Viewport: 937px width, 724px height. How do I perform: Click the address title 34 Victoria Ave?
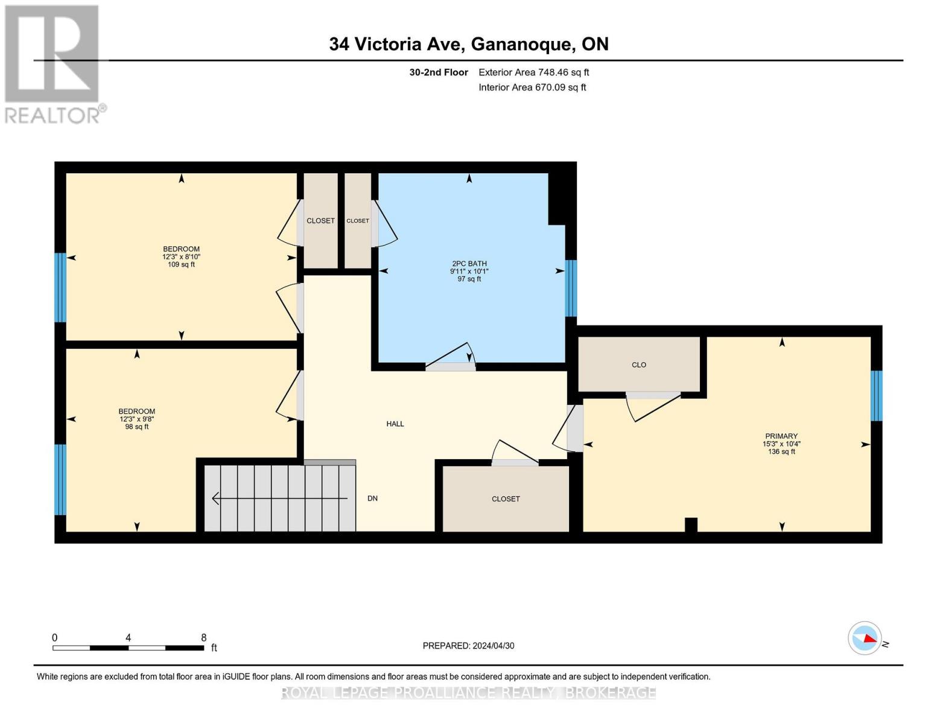[468, 44]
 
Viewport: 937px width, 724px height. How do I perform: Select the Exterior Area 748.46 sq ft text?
[533, 72]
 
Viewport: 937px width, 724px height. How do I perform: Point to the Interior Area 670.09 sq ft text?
[532, 87]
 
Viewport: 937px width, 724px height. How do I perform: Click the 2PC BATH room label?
[469, 271]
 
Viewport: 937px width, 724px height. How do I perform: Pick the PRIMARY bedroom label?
[781, 443]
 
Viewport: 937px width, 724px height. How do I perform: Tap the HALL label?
[395, 424]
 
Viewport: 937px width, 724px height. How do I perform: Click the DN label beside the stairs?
[373, 498]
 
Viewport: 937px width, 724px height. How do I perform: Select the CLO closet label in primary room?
[639, 365]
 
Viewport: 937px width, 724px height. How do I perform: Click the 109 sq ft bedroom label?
[181, 256]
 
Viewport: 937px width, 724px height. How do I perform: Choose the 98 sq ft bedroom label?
[137, 419]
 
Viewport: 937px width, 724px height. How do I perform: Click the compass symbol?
[865, 638]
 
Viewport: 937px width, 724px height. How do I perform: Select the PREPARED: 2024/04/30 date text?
[468, 646]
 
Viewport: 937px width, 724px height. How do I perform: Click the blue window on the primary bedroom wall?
[876, 395]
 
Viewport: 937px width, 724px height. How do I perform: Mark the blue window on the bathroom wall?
[570, 288]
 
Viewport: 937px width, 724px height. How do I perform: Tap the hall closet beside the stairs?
[506, 499]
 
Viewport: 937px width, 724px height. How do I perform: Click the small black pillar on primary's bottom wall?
[691, 525]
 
